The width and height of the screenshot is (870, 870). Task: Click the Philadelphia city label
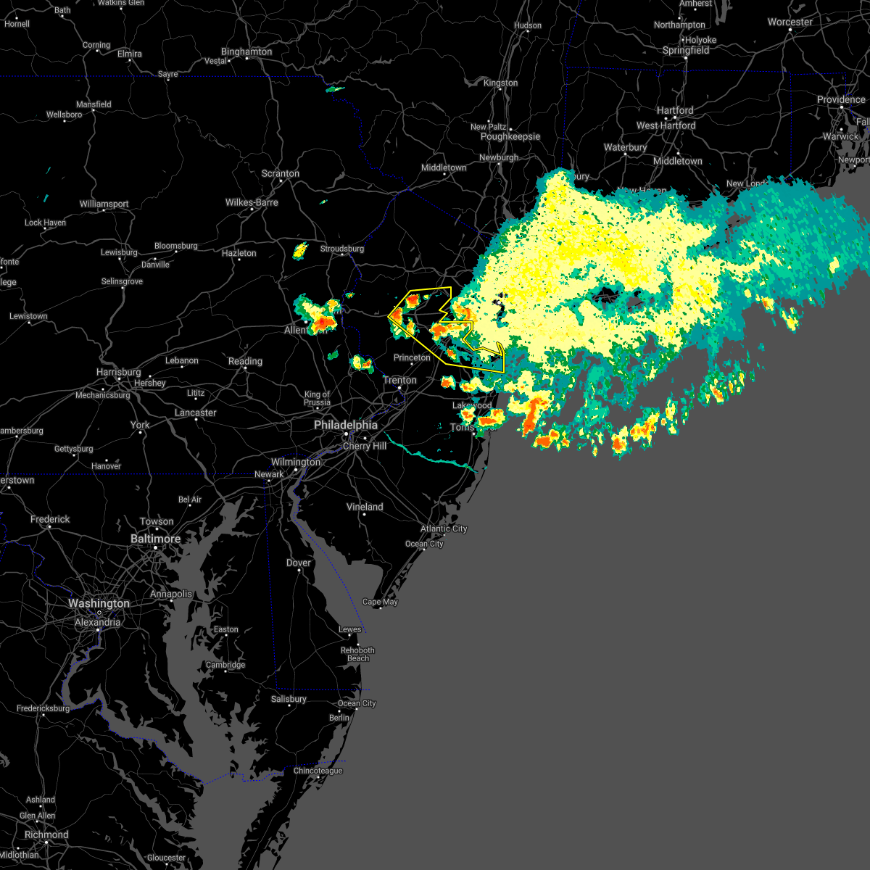[x=346, y=425]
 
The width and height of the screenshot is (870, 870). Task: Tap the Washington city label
[x=99, y=603]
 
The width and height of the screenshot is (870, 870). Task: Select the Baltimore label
[x=156, y=539]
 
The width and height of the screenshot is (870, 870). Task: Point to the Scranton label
[x=281, y=173]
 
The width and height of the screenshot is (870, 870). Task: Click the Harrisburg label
[x=119, y=372]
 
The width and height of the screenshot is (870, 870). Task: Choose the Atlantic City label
[x=444, y=529]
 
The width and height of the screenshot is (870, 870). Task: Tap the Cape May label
[x=380, y=602]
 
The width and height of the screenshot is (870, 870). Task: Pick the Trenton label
[x=400, y=380]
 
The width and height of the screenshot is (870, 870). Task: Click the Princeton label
[x=412, y=357]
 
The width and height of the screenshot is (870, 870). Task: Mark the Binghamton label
[x=246, y=51]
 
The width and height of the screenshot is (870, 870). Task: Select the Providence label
[x=841, y=99]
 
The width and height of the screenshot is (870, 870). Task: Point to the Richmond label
[x=46, y=834]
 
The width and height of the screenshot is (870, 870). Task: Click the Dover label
[x=299, y=563]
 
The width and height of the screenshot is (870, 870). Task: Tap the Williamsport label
[x=104, y=204]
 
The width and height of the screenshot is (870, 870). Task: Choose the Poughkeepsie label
[x=510, y=136]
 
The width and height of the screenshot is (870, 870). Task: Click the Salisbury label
[x=289, y=699]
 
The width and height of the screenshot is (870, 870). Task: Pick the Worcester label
[x=790, y=22]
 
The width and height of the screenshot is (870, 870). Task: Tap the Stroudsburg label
[x=342, y=249]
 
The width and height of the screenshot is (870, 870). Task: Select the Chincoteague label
[x=318, y=771]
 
